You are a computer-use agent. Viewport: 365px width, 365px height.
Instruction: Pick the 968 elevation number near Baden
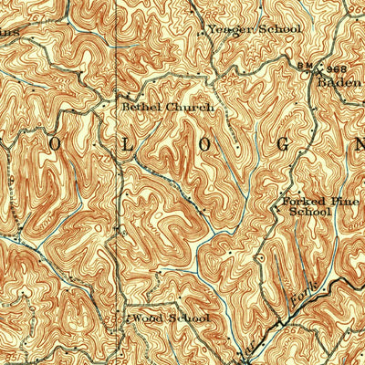pos(337,69)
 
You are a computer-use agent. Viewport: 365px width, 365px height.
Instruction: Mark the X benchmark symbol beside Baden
pos(320,68)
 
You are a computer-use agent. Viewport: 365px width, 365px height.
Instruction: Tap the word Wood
pos(147,318)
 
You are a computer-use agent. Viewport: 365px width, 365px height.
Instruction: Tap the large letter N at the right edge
pos(358,145)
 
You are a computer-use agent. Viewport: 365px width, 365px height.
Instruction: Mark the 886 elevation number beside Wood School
pos(124,319)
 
